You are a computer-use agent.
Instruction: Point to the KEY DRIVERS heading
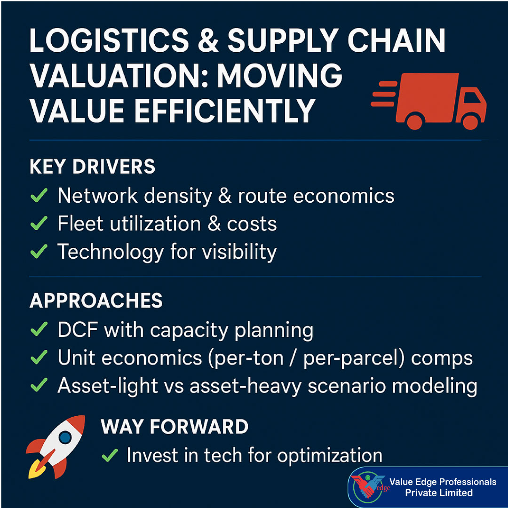92,167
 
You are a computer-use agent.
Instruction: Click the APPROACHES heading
96,301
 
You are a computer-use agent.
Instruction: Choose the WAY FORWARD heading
175,427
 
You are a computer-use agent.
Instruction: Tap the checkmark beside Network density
39,196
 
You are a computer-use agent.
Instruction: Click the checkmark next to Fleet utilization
39,224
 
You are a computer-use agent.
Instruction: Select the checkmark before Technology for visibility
39,252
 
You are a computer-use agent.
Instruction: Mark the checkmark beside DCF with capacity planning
39,330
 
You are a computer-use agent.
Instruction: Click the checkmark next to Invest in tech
110,455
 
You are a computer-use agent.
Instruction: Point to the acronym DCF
78,330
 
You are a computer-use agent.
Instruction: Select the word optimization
329,455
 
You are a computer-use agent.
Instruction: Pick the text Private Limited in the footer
439,493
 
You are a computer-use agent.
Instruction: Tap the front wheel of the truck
470,122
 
